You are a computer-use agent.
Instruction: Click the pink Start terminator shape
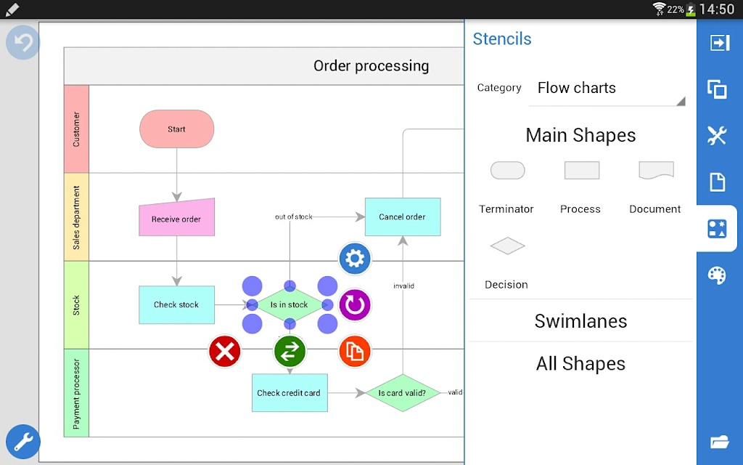(x=177, y=129)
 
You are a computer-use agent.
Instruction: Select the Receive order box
(x=177, y=217)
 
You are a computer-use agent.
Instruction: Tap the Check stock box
(x=177, y=304)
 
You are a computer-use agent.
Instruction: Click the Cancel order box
(x=403, y=217)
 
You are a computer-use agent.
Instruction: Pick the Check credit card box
(x=290, y=393)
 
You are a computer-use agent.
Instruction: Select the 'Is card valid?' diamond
(x=403, y=393)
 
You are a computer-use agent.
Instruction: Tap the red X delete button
(x=225, y=352)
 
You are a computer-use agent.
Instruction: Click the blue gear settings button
(x=355, y=259)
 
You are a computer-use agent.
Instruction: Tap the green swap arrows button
(x=290, y=352)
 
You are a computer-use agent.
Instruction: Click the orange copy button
(x=355, y=352)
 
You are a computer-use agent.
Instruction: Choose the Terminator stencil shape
(x=507, y=170)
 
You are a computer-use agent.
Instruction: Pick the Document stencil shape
(x=656, y=170)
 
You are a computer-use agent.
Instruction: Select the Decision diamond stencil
(x=507, y=246)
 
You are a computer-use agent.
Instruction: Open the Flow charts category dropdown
(x=607, y=88)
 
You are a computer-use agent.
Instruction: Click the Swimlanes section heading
(x=581, y=321)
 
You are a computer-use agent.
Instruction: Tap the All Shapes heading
(x=581, y=364)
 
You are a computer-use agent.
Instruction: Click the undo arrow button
(x=22, y=43)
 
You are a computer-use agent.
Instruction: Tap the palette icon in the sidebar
(x=717, y=275)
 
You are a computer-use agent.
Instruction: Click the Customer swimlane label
(x=76, y=129)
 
